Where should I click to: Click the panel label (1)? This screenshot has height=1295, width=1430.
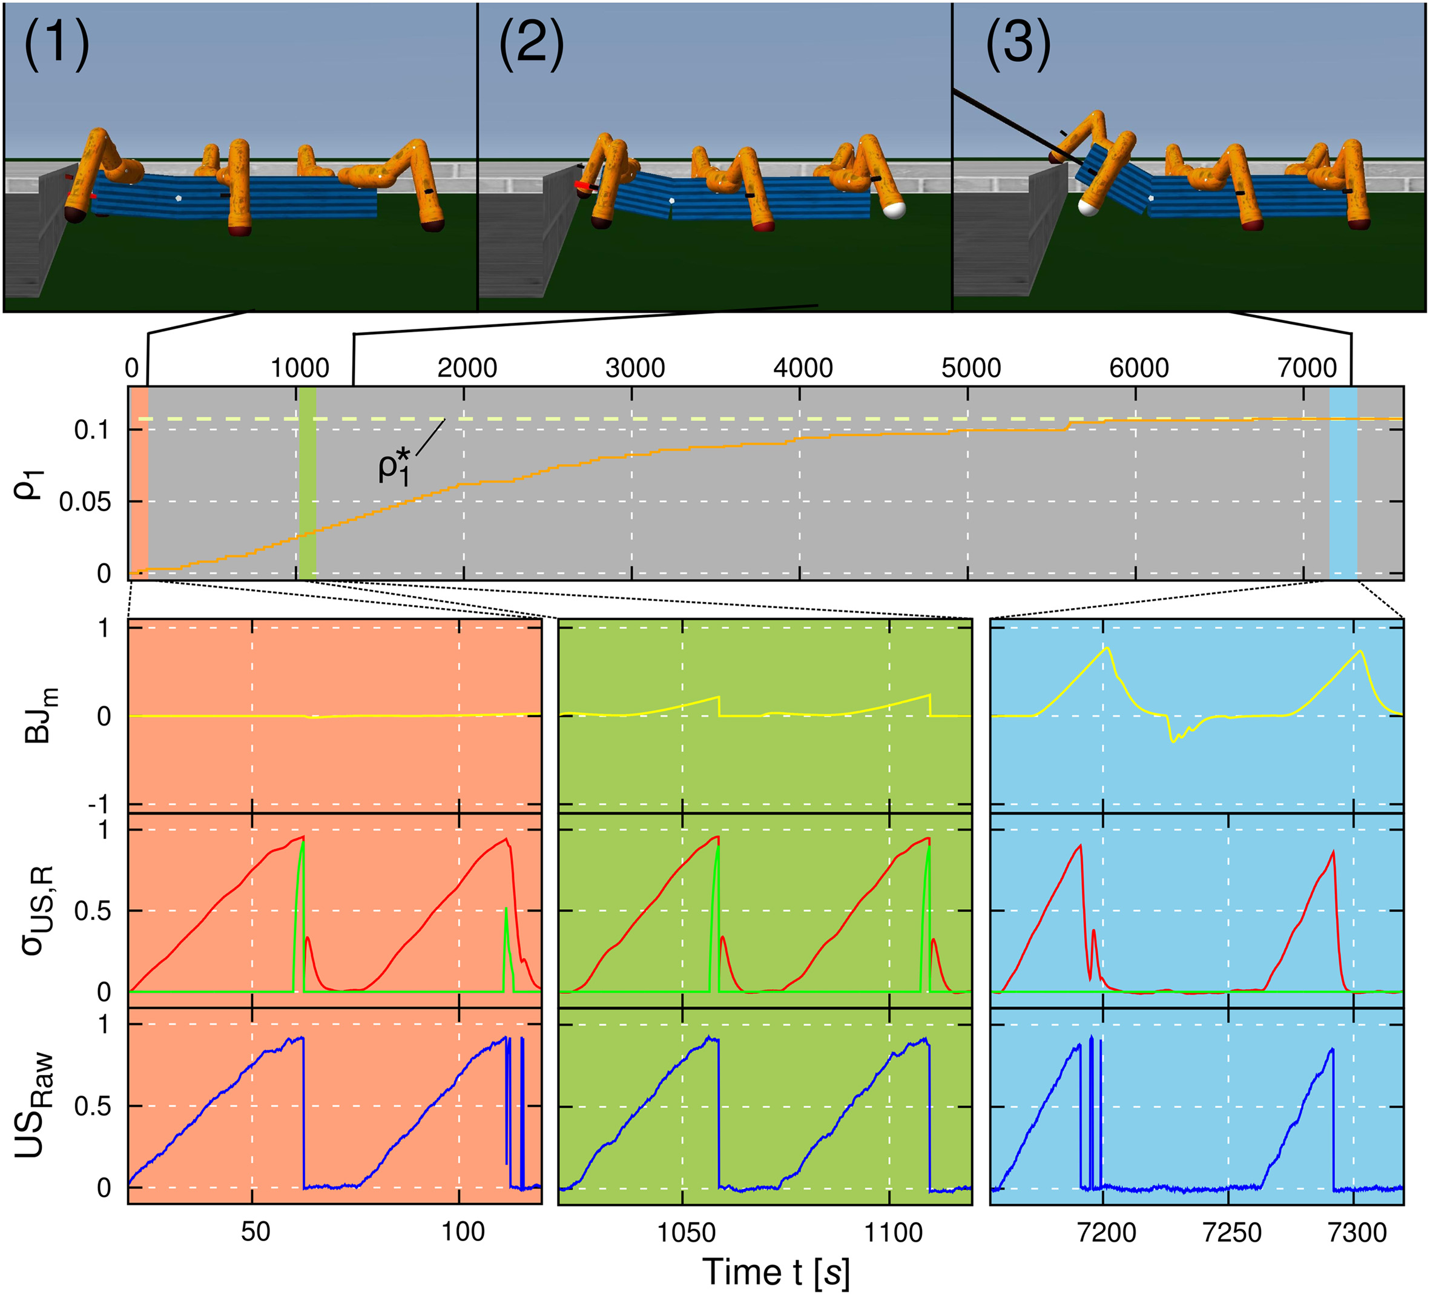pos(57,44)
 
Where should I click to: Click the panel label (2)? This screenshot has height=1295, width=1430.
pos(532,44)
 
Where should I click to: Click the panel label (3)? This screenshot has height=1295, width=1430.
pos(1018,44)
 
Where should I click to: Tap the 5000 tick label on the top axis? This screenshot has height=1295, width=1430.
pos(970,368)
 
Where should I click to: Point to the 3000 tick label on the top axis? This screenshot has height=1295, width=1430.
pos(635,368)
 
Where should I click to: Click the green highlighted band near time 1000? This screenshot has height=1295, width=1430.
pos(307,483)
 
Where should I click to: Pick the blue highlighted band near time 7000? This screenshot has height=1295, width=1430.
pos(1342,483)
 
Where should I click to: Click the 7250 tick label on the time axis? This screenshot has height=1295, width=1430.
pos(1232,1233)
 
